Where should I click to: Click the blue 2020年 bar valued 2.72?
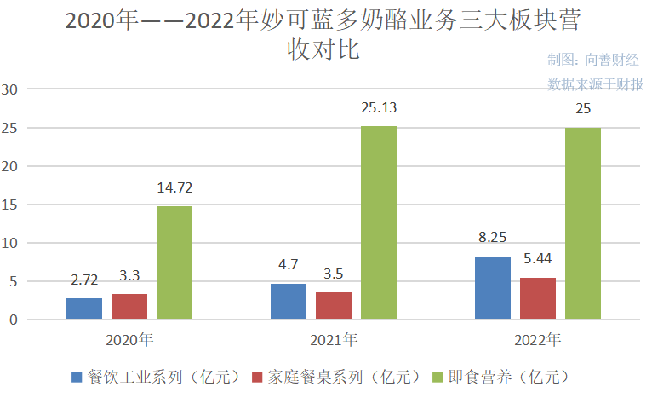click(x=84, y=309)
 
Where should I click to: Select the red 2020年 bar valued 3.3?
click(x=129, y=307)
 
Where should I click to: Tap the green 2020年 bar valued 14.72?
click(x=174, y=262)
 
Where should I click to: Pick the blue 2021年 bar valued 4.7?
click(x=289, y=302)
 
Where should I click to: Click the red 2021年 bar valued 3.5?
click(x=334, y=306)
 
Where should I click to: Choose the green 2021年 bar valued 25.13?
click(x=379, y=223)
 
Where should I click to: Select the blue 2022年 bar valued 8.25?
click(x=493, y=288)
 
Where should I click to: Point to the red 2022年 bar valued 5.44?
click(x=538, y=298)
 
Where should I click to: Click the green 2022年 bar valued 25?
click(x=583, y=223)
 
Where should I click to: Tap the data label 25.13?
click(x=379, y=108)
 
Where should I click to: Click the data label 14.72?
click(x=174, y=187)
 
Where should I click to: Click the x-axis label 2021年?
click(x=334, y=340)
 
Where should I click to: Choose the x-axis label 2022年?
click(x=538, y=340)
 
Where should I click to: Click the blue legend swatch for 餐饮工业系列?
click(x=77, y=376)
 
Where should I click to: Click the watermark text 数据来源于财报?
click(x=596, y=84)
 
